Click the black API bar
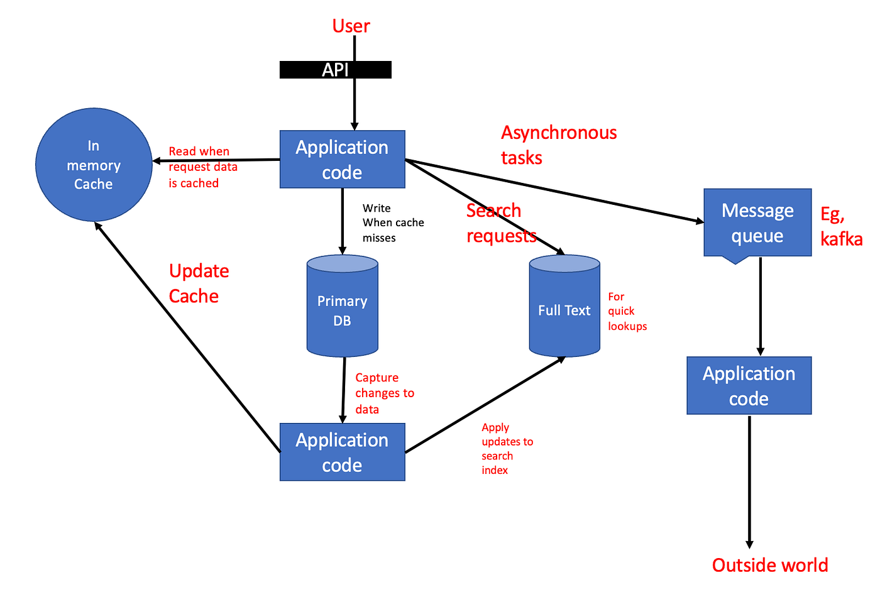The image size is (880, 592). point(335,70)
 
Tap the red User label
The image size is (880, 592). point(351,26)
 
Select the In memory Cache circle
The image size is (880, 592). point(94,165)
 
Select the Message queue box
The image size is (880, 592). point(757,222)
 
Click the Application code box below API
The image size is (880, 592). point(342,160)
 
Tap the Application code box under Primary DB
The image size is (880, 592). point(342,452)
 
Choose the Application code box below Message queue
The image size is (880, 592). point(749,385)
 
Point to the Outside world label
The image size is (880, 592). point(769,565)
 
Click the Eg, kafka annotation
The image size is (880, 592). point(840,226)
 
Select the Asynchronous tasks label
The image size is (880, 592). point(558,145)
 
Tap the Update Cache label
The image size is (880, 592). point(199,283)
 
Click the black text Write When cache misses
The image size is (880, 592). point(392,222)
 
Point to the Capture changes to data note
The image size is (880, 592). point(384,393)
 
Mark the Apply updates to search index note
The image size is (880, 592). point(506,448)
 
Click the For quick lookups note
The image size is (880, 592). point(626,311)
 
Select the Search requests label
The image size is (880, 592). point(500,222)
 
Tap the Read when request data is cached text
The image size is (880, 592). point(202,167)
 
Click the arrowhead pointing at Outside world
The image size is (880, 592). point(749,544)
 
